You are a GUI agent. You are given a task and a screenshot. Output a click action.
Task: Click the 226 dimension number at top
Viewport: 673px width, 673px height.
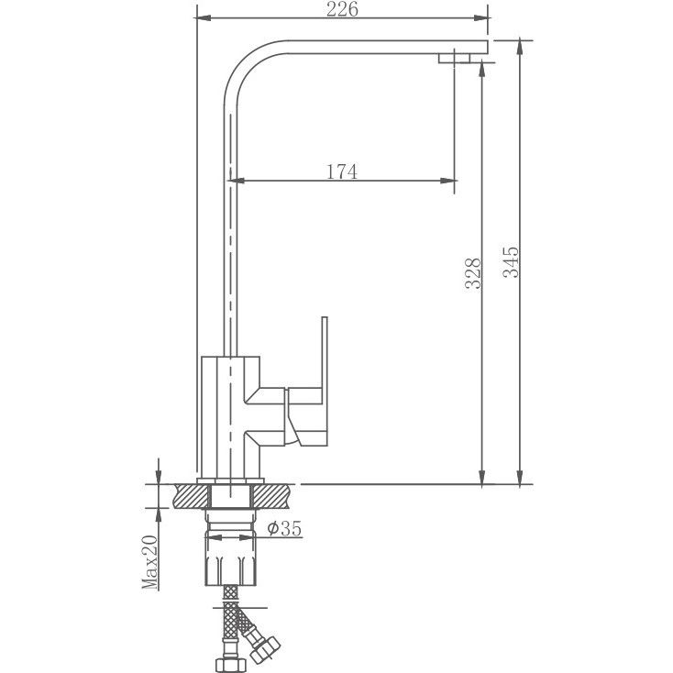(341, 10)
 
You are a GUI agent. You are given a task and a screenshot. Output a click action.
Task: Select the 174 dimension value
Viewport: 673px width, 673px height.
(341, 171)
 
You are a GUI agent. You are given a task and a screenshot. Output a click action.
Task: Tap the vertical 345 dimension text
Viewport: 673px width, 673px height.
(511, 263)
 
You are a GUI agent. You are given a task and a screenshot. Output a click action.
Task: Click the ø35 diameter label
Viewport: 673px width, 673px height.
(284, 528)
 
